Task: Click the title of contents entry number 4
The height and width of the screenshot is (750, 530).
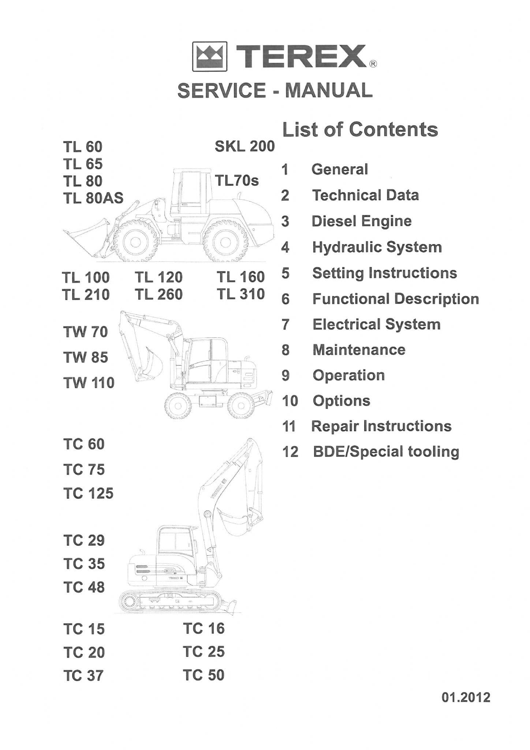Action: [377, 247]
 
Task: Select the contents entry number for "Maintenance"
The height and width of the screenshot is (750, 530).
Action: [285, 350]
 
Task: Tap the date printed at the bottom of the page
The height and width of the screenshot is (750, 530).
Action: [466, 697]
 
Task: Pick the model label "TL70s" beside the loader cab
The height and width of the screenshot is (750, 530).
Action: [237, 181]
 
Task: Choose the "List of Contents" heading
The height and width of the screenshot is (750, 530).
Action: [360, 130]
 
